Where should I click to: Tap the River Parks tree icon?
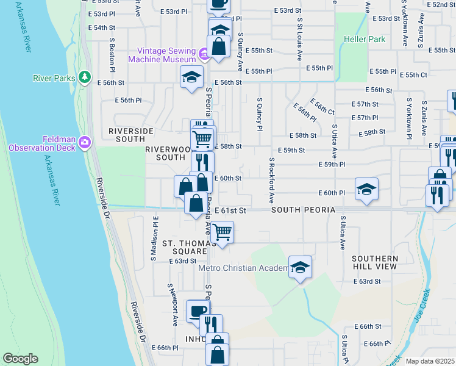(x=85, y=77)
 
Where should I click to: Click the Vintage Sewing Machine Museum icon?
(x=204, y=55)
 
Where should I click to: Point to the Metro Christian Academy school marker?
(x=299, y=268)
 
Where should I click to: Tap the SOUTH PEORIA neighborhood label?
(x=304, y=210)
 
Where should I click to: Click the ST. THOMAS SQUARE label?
(x=184, y=247)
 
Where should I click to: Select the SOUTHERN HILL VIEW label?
(x=375, y=263)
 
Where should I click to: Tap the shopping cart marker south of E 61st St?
(x=223, y=232)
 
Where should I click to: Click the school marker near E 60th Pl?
(x=366, y=188)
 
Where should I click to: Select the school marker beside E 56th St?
(x=191, y=77)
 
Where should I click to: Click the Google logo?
(x=20, y=359)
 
